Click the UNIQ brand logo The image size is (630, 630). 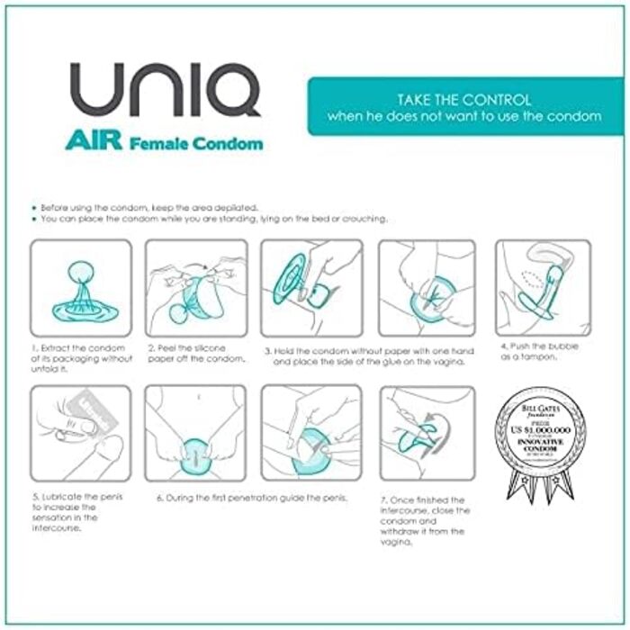(166, 91)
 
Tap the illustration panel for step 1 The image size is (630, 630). (81, 288)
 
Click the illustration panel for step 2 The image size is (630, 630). (196, 288)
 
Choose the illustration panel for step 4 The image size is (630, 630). (543, 288)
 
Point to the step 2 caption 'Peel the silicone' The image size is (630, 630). (195, 353)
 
